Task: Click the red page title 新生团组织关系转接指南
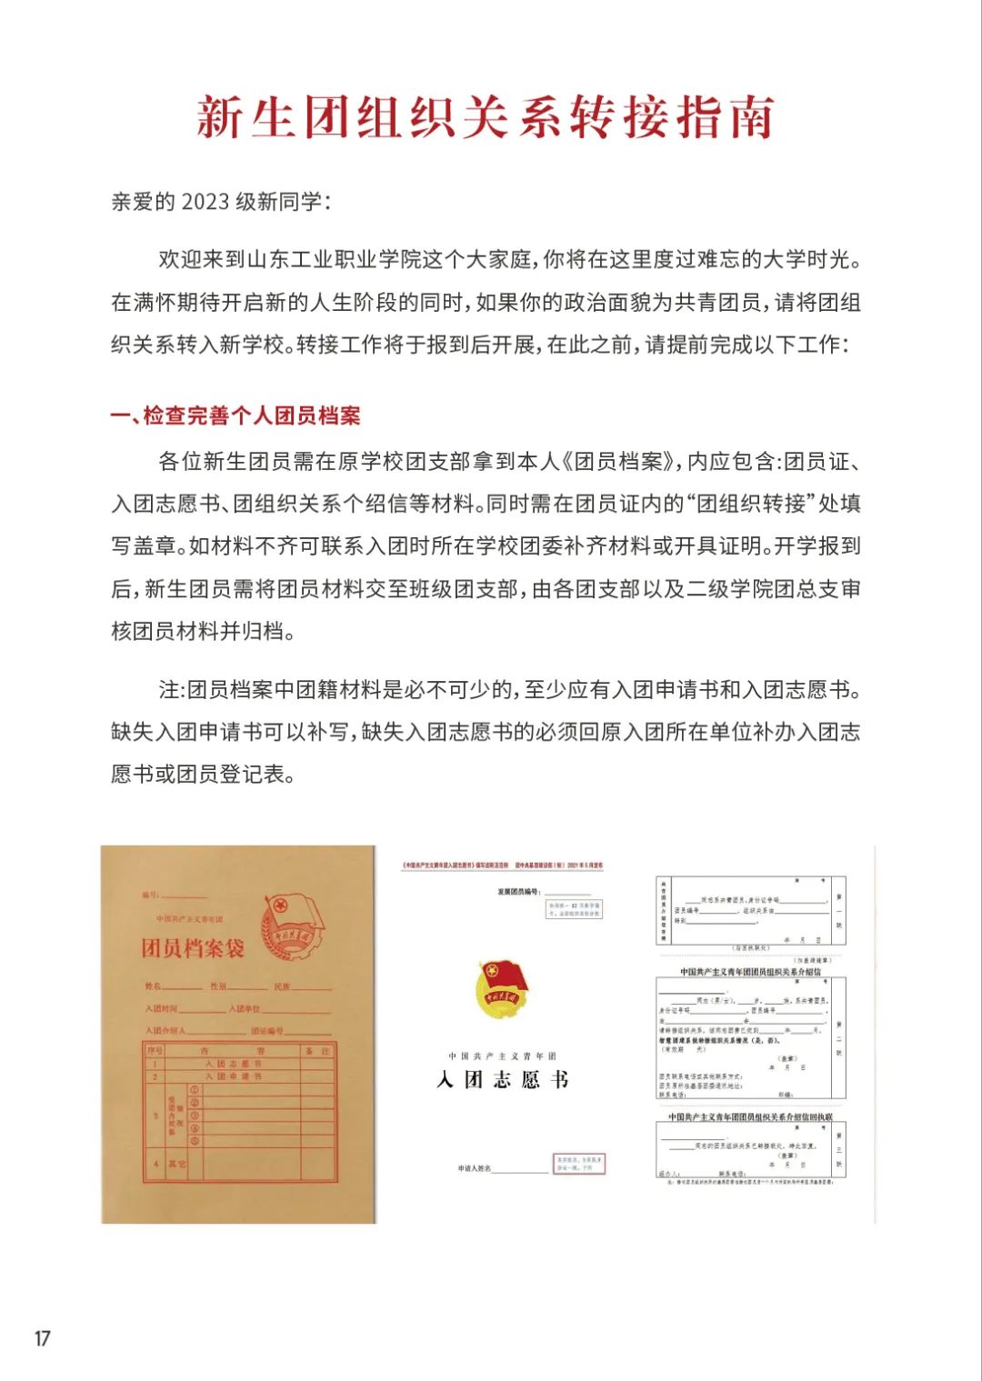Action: click(x=485, y=118)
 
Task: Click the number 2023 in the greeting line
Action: click(x=205, y=202)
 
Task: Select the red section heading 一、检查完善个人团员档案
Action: click(x=235, y=416)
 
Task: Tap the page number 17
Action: click(x=42, y=1338)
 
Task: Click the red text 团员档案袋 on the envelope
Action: click(x=193, y=948)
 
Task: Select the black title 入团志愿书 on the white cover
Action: click(x=502, y=1080)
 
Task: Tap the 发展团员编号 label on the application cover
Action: click(x=518, y=892)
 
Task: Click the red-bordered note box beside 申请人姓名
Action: click(x=578, y=1164)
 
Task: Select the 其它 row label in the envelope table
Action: click(x=176, y=1164)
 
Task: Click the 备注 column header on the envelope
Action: click(x=317, y=1051)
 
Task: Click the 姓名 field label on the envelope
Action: click(x=153, y=986)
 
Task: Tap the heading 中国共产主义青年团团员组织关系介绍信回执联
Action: click(x=750, y=1117)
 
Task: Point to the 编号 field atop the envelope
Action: click(x=150, y=895)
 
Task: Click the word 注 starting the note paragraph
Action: click(x=168, y=690)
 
